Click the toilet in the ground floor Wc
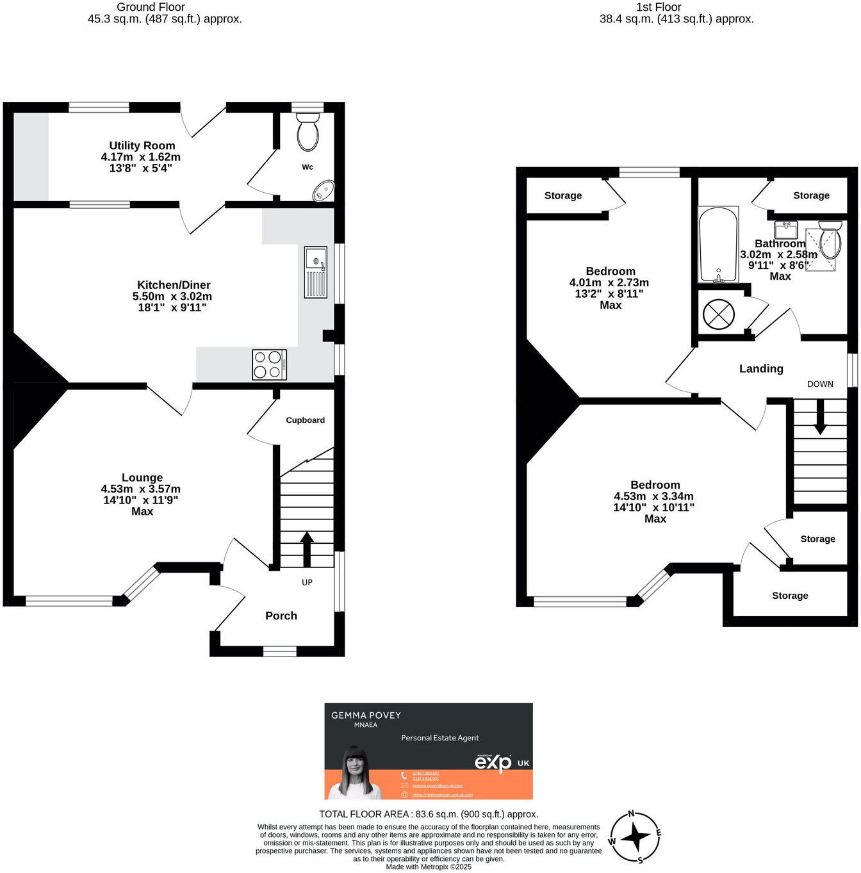tap(308, 132)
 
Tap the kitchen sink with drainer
tap(316, 272)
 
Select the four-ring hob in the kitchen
tap(269, 364)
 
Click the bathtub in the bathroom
tap(718, 245)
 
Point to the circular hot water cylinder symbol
tap(717, 314)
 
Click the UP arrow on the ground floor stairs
tap(307, 548)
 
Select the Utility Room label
tap(142, 145)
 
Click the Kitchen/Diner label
tap(174, 285)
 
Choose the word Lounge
tap(142, 478)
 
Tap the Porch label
tap(281, 616)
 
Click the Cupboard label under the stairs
tap(305, 420)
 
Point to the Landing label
tap(761, 368)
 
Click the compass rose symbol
tap(635, 837)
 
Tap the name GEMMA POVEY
tap(366, 715)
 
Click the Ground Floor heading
tap(151, 7)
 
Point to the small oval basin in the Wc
tap(324, 191)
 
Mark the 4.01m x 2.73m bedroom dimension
tap(609, 282)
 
